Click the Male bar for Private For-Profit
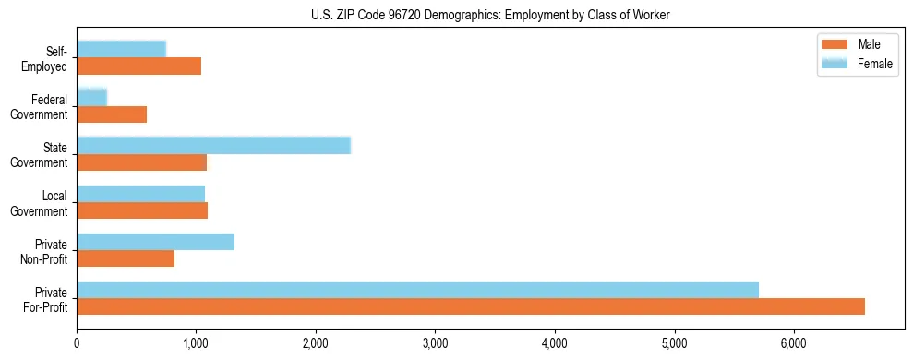[471, 306]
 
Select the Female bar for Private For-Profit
[417, 290]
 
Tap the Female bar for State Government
[213, 146]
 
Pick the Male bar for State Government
[141, 162]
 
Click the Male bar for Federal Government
[112, 114]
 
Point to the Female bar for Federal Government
[91, 97]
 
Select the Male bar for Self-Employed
[138, 66]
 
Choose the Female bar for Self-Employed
[121, 49]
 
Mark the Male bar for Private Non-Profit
[126, 258]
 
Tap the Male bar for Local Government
[142, 210]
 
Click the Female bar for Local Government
[140, 194]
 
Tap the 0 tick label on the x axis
[78, 343]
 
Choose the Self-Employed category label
[46, 58]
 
